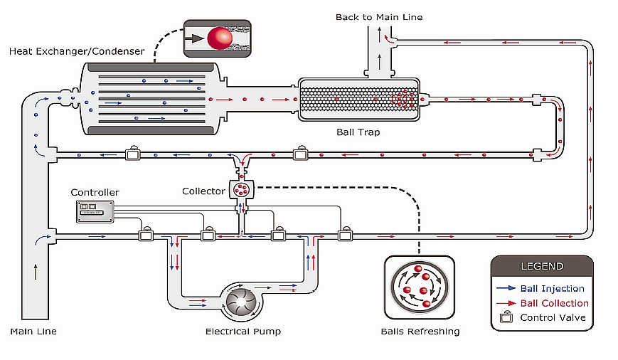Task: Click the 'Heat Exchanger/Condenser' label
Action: tap(76, 51)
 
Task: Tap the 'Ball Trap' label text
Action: tap(358, 132)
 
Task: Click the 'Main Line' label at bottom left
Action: tap(33, 332)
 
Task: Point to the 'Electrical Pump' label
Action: tap(243, 332)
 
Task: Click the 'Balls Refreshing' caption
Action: tap(420, 332)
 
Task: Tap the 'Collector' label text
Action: tap(203, 191)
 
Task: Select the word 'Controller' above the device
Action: tap(95, 193)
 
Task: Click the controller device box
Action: tap(95, 209)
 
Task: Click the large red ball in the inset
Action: tap(220, 37)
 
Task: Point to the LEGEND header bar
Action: tap(541, 266)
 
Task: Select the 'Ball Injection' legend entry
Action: tap(552, 288)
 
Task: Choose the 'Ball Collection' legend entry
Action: tap(554, 303)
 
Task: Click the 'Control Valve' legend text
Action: tap(553, 317)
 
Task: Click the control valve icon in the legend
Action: tap(506, 317)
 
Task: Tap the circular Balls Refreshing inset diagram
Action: tap(420, 287)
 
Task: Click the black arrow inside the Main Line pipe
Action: tap(33, 270)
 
